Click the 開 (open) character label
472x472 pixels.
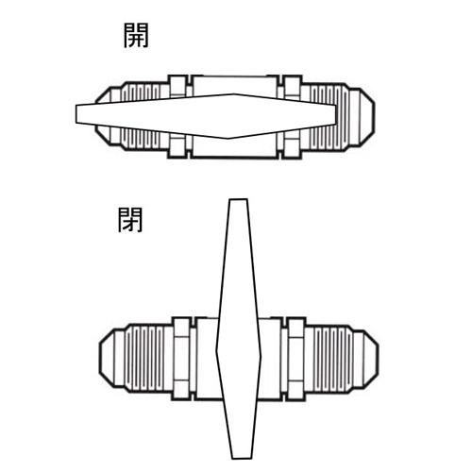(136, 36)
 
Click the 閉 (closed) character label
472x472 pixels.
(130, 220)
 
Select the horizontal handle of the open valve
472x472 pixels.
(206, 116)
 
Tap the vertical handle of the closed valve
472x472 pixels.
(239, 329)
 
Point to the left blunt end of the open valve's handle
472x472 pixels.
(76, 113)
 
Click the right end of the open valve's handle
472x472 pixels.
(335, 113)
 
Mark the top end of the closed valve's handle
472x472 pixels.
(239, 199)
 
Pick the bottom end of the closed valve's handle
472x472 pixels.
(242, 458)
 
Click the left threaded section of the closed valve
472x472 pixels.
(144, 359)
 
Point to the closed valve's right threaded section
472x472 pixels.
(333, 359)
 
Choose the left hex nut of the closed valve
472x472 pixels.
(182, 359)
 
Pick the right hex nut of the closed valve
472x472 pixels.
(295, 359)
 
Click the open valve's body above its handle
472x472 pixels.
(234, 84)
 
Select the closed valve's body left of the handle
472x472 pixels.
(207, 359)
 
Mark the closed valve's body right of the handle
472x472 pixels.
(269, 359)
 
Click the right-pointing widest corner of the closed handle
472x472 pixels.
(261, 357)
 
